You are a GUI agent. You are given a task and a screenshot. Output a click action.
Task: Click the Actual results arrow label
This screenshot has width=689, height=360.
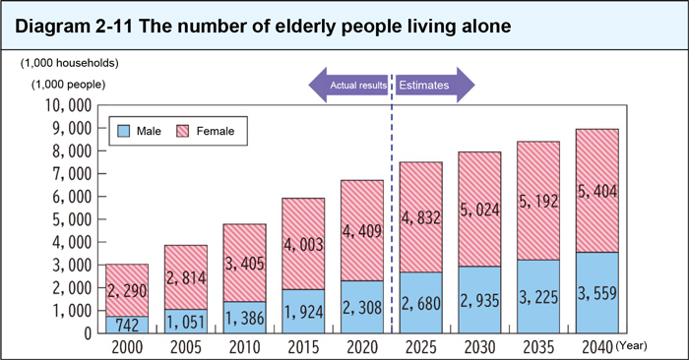click(356, 86)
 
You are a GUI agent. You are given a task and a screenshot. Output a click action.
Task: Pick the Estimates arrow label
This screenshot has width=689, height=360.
click(424, 86)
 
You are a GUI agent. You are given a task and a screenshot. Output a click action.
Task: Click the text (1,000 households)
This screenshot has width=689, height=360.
click(70, 63)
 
